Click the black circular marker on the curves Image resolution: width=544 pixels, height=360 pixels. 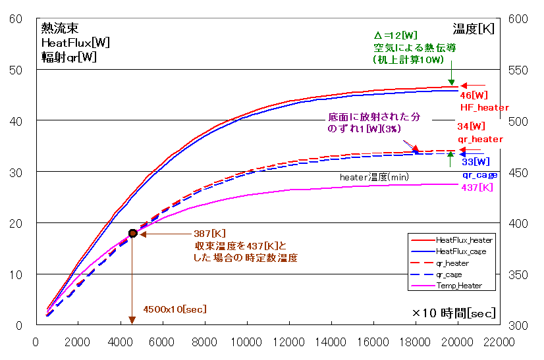tap(133, 233)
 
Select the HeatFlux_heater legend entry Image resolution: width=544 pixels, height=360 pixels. tap(464, 240)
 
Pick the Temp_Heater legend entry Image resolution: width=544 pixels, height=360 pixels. tap(458, 286)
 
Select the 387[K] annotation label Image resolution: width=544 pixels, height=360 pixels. tap(209, 234)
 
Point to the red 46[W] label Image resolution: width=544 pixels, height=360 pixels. tap(474, 95)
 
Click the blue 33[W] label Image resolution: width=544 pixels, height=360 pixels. tap(475, 161)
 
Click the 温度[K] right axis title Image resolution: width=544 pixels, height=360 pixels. tap(473, 29)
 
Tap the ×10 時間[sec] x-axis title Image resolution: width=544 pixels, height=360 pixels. tap(454, 313)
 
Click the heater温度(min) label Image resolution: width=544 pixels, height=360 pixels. tap(374, 178)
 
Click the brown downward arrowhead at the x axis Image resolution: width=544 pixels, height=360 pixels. tap(132, 320)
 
